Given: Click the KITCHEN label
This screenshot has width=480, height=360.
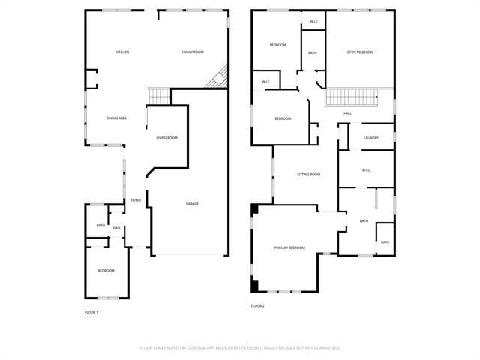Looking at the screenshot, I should [x=122, y=52].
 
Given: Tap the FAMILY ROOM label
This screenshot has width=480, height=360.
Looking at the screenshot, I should [x=193, y=52].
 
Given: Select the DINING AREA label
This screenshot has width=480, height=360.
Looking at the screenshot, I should [x=116, y=118].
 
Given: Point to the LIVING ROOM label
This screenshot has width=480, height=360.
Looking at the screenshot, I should [x=166, y=138].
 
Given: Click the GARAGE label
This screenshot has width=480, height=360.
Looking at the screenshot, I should [x=193, y=204].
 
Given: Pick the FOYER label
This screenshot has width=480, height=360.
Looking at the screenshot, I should [x=136, y=200].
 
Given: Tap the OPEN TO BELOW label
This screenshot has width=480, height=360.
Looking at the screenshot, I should [x=360, y=52].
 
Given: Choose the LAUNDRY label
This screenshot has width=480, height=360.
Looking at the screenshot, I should [x=370, y=138].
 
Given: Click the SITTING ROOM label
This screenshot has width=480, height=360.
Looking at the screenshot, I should [x=309, y=175].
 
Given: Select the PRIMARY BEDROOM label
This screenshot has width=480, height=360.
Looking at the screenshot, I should [x=289, y=247].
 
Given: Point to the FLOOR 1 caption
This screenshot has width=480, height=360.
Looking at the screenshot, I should [x=91, y=312].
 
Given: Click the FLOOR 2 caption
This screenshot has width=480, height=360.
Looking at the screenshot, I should [x=258, y=306].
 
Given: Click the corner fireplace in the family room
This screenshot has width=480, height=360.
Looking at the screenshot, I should [x=218, y=76].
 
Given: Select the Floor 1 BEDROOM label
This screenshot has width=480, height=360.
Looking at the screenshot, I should [x=106, y=271].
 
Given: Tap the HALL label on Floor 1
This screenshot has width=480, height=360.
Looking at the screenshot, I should [x=117, y=228].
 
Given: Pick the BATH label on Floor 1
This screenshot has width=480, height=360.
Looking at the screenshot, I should [x=100, y=226].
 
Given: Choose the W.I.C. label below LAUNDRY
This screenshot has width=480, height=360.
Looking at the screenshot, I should [x=367, y=170].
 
